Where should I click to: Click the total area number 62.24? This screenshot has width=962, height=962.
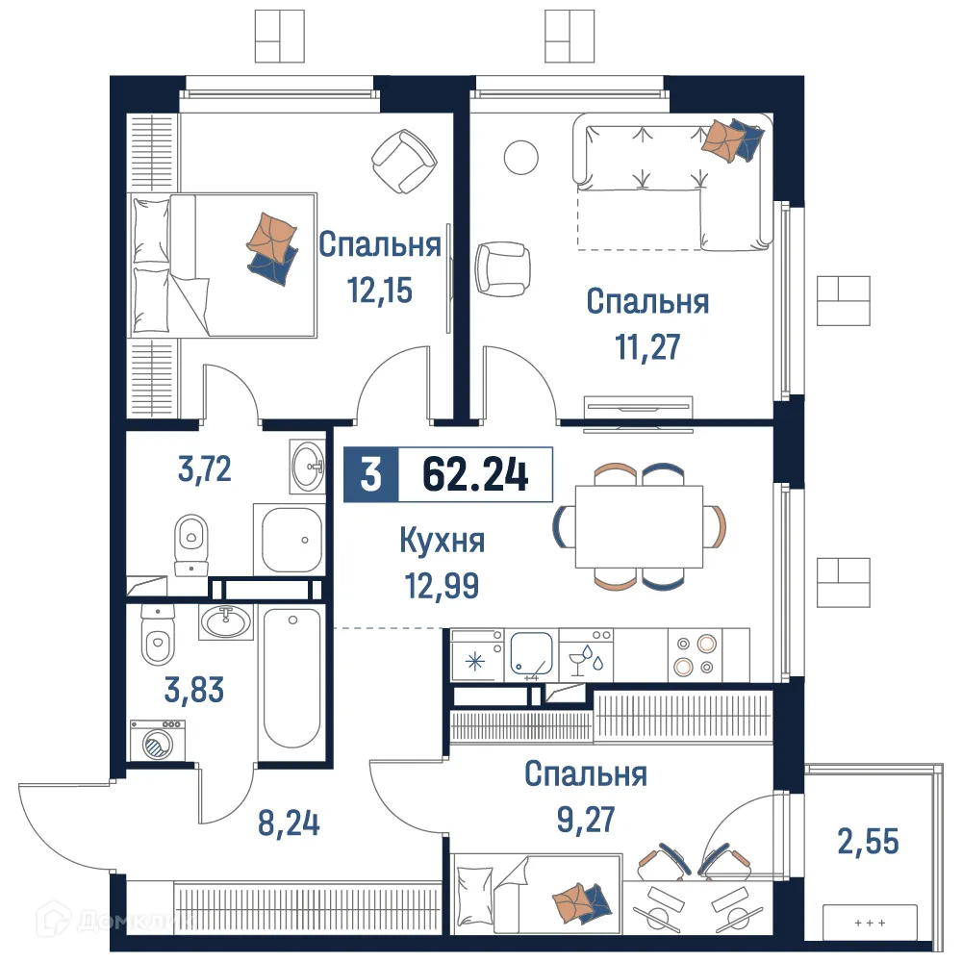coord(475,474)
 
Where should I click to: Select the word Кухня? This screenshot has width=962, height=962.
coord(443,541)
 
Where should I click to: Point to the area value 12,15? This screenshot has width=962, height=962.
coord(380,289)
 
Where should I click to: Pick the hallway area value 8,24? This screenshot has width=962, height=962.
coord(288,823)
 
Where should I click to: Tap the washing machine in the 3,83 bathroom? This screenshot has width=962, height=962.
coord(154,745)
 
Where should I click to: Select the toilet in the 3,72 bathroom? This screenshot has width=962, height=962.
coord(191,539)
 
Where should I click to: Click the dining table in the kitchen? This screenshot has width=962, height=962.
coord(639,527)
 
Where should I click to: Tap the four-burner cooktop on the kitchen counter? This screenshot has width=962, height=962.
coord(695,655)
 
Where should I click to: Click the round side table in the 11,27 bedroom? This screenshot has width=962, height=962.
coord(522,157)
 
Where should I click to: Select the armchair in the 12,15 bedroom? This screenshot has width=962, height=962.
coord(402,162)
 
